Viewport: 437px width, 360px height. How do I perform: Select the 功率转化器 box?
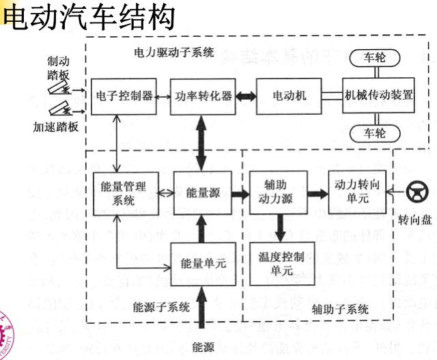(201, 95)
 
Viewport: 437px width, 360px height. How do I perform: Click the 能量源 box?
(201, 193)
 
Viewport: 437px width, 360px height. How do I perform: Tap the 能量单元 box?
(201, 262)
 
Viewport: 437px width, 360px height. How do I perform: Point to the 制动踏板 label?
(58, 68)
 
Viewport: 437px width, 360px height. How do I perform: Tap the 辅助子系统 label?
(339, 309)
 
